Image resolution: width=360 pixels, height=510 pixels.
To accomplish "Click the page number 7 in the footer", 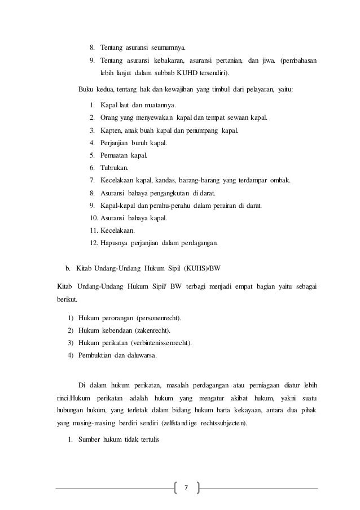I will (188, 487).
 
